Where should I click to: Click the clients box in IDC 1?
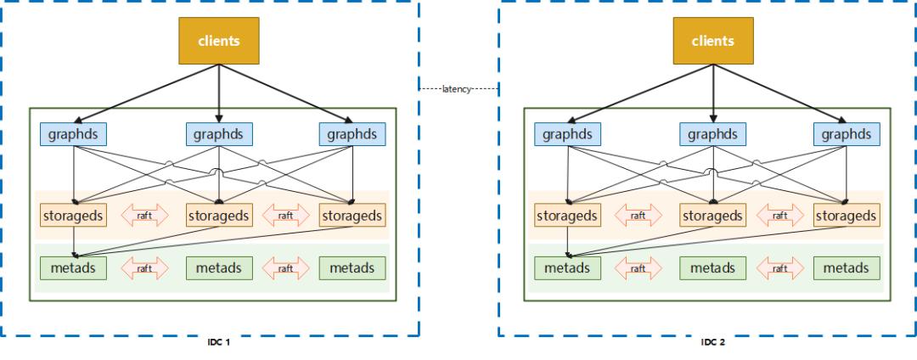[218, 40]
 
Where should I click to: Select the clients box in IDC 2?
[712, 40]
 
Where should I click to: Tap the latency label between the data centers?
[459, 87]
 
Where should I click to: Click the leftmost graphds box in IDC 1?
[74, 134]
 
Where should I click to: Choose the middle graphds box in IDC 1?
[219, 134]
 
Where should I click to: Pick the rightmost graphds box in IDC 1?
[352, 134]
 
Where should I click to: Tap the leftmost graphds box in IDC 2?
[568, 134]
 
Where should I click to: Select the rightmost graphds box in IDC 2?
[847, 134]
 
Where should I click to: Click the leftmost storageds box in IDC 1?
[74, 216]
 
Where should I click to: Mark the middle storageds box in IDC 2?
[713, 216]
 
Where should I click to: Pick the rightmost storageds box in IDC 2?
[847, 216]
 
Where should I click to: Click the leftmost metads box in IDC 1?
[74, 268]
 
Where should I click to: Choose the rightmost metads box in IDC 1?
[352, 268]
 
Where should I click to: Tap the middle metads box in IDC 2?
[713, 268]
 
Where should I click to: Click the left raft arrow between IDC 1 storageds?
[144, 216]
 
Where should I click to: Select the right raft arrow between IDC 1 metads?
[286, 268]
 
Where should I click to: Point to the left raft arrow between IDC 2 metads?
[639, 268]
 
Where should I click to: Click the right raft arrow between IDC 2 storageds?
[780, 216]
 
